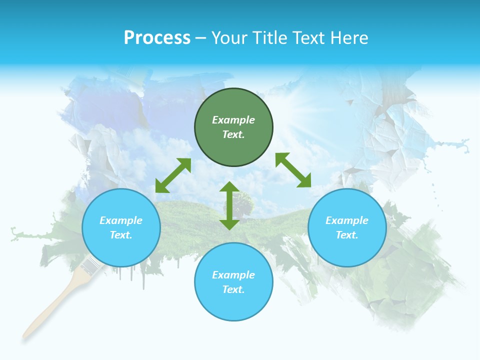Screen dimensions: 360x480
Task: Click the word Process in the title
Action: pyautogui.click(x=157, y=38)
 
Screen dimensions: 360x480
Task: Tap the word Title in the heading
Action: pyautogui.click(x=270, y=38)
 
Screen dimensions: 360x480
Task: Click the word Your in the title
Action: pyautogui.click(x=230, y=38)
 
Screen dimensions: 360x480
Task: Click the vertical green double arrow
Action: pyautogui.click(x=229, y=205)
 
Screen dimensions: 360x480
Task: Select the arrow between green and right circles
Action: pyautogui.click(x=293, y=170)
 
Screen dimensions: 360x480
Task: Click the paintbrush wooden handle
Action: pyautogui.click(x=50, y=305)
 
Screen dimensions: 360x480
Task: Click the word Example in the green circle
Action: pyautogui.click(x=233, y=120)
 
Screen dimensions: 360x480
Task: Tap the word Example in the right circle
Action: pyautogui.click(x=347, y=220)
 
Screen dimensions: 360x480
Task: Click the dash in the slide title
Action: pyautogui.click(x=200, y=38)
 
